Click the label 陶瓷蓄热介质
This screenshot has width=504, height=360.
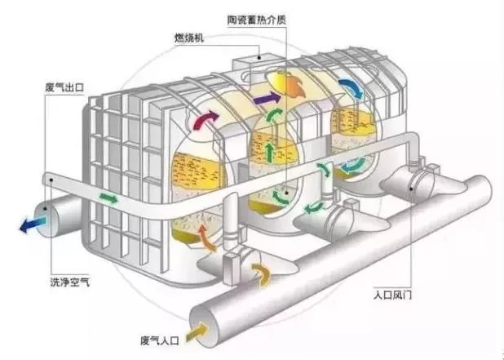[x=257, y=20]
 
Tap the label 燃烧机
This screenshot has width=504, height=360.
[x=189, y=38]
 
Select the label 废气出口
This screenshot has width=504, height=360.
[x=64, y=87]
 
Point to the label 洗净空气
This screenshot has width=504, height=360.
[x=70, y=282]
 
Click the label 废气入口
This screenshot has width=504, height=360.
[x=159, y=340]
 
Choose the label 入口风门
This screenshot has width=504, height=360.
[x=392, y=295]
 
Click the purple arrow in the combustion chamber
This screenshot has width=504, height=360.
[x=267, y=97]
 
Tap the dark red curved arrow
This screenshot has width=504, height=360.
[x=205, y=120]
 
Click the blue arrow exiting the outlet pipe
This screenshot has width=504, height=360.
[x=33, y=224]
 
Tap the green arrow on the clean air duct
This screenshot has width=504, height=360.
[x=108, y=198]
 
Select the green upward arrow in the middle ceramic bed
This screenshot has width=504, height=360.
[x=270, y=153]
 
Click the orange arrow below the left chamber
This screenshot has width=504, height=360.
[x=206, y=238]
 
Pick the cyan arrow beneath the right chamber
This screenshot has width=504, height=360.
[x=353, y=165]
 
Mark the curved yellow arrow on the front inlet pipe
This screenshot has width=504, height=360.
[x=261, y=274]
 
